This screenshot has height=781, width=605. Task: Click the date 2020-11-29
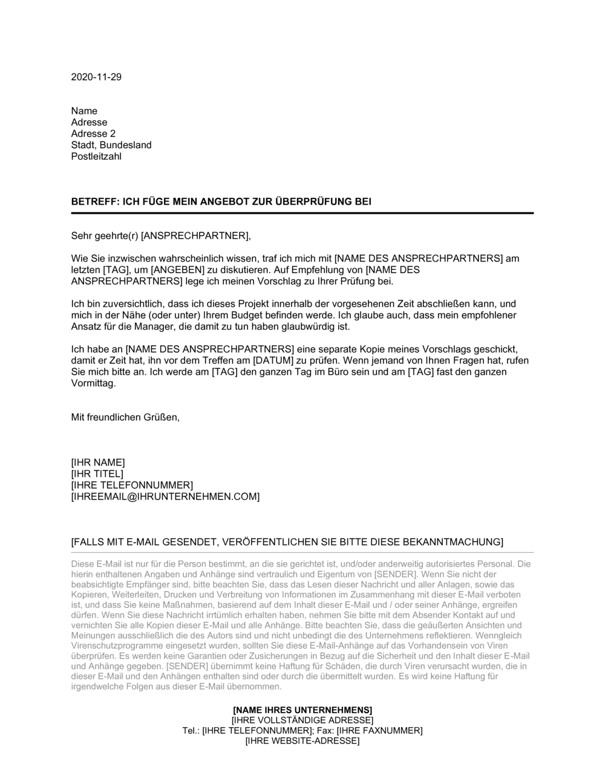[96, 77]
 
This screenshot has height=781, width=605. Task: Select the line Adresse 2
[93, 134]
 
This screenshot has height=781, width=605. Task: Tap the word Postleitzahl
[96, 157]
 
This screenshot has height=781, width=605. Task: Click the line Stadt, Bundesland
[111, 145]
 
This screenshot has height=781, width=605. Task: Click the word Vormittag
[93, 383]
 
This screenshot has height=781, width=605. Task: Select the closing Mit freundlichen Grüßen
[125, 418]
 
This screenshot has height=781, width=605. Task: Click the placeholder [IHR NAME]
[98, 463]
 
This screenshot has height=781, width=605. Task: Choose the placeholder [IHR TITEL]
[97, 474]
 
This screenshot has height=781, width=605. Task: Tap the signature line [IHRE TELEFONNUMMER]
[132, 486]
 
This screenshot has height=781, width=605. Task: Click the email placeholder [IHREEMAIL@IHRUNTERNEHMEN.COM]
[165, 497]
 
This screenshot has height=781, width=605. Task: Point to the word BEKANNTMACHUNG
[456, 542]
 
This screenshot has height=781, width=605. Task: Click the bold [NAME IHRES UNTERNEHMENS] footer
[302, 710]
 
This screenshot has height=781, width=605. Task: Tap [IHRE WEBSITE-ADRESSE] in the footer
[302, 741]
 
